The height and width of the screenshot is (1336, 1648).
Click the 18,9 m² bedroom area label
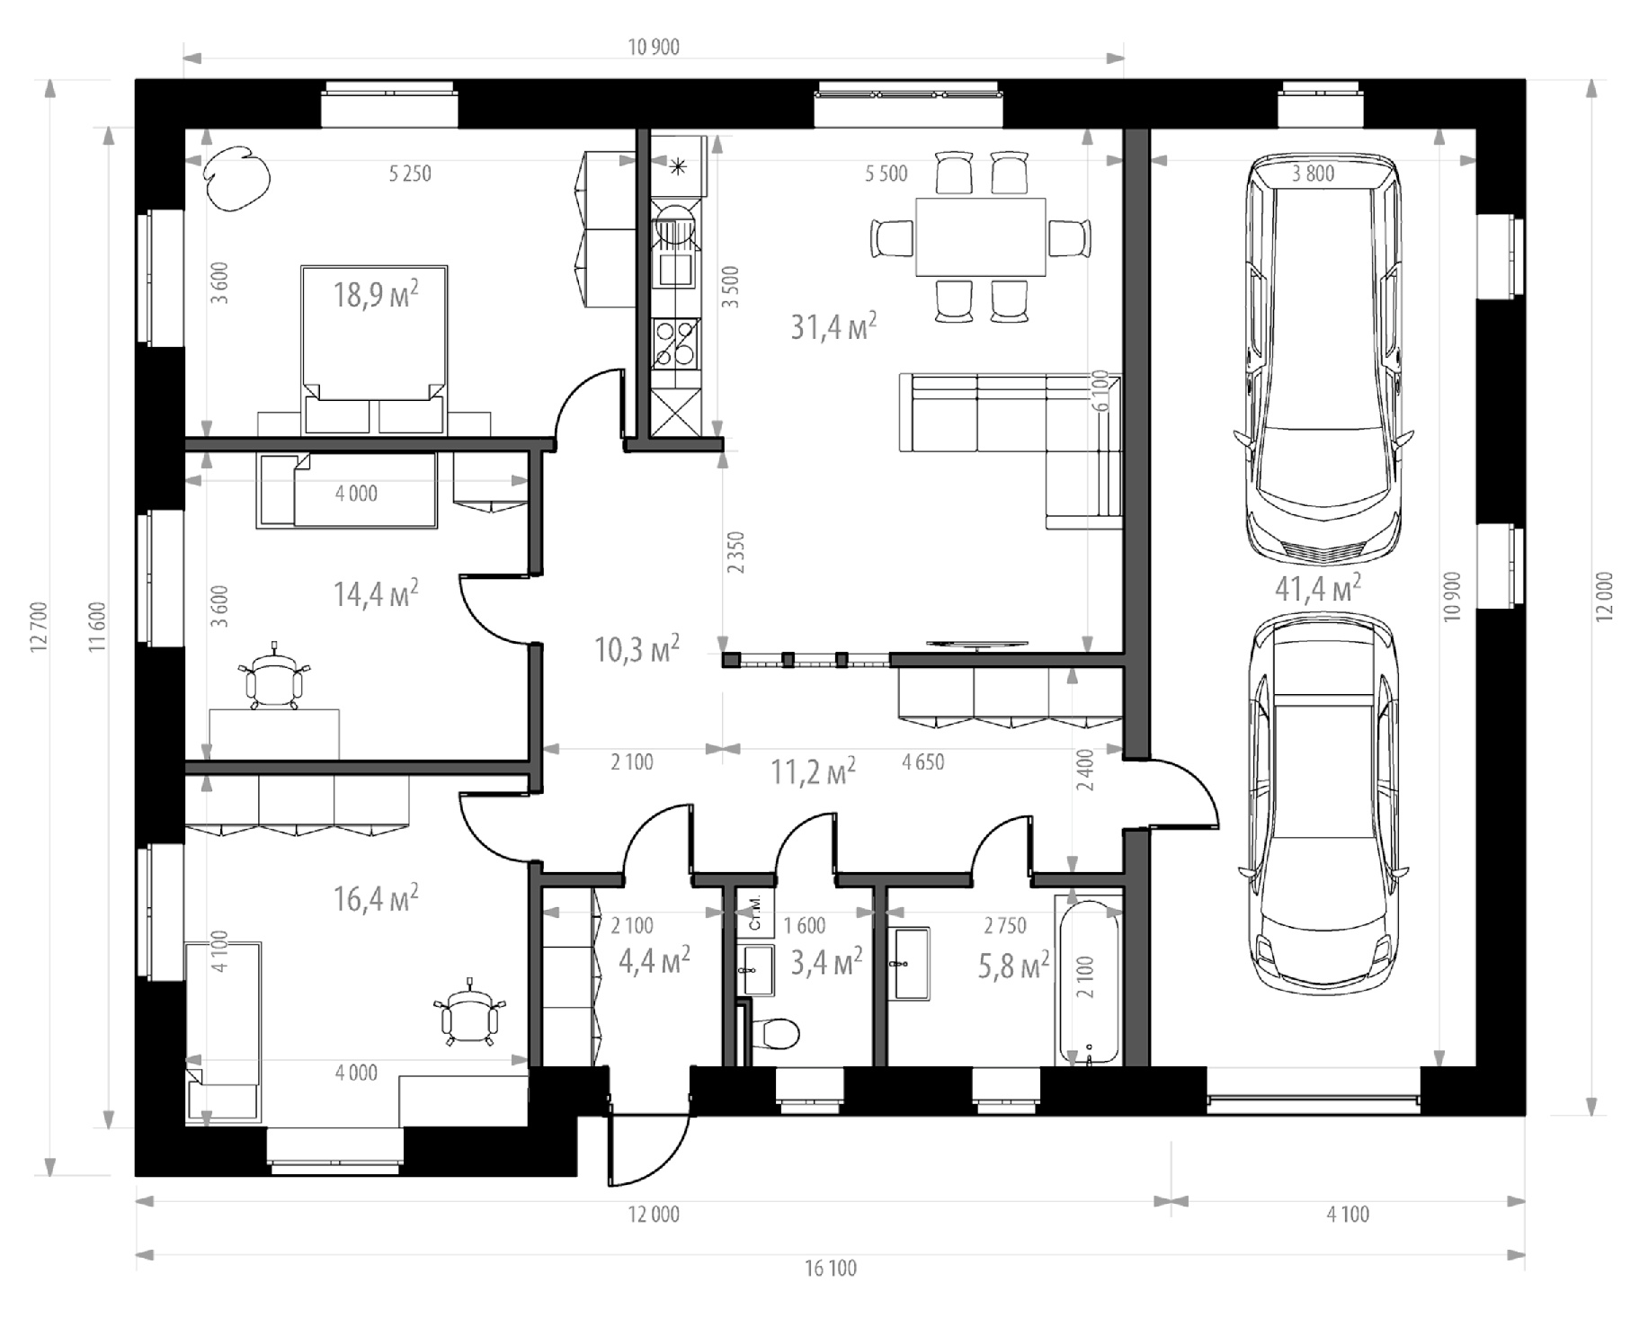coord(376,293)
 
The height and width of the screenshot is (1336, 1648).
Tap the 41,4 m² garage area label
coord(1317,588)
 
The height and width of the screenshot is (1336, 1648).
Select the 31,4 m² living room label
coord(833,326)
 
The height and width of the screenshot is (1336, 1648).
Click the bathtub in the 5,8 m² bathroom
coord(1089,983)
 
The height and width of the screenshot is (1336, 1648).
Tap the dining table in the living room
coord(981,237)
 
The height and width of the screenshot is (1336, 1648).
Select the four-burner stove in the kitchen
coord(674,344)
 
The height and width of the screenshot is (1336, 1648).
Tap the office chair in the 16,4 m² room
coord(469,1013)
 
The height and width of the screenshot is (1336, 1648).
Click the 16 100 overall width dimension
coord(830,1268)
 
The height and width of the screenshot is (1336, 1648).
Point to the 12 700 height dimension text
coord(39,627)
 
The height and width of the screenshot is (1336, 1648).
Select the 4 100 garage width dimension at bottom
coord(1347,1215)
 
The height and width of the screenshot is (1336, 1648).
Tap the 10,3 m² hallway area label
coord(637,648)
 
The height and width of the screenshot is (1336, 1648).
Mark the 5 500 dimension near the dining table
coord(886,174)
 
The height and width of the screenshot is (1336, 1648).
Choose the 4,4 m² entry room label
coord(655,960)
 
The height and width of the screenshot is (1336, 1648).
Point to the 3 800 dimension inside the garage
coord(1313,174)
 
